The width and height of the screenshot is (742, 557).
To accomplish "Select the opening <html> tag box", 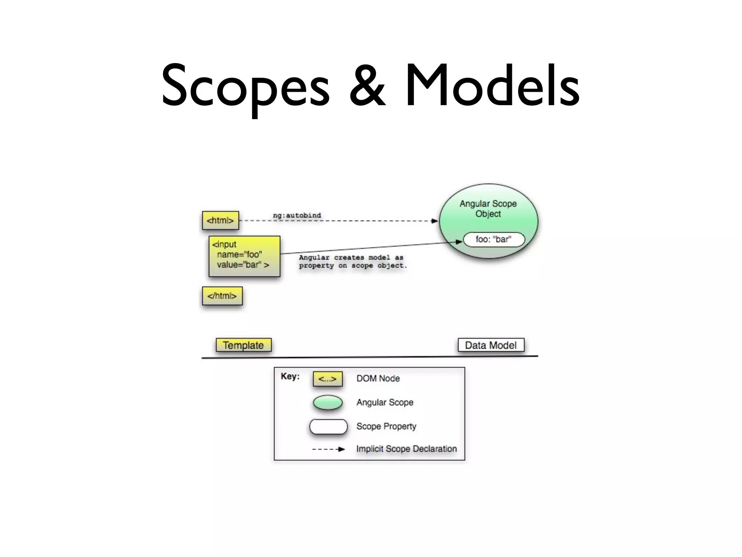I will coord(220,220).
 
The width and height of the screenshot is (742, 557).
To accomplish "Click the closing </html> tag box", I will coord(222,296).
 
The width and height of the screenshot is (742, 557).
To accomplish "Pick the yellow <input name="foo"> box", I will coord(245,256).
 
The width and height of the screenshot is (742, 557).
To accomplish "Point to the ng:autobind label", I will coord(297,215).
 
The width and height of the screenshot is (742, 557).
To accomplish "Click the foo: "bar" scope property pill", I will coord(493,239).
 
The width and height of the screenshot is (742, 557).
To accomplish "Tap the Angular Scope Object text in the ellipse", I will coord(488,209).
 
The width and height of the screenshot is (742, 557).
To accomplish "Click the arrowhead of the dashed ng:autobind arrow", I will coord(435,221).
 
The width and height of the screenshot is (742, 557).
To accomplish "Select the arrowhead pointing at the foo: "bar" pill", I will coord(459,242).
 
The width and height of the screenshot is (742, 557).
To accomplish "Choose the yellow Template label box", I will coord(243,345).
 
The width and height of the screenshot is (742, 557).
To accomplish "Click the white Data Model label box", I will coord(491,345).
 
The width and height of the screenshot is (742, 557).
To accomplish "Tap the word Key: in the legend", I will coord(290,376).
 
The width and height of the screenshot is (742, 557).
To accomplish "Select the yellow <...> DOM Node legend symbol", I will coord(328,379).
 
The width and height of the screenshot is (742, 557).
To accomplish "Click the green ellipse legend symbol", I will coord(328,403).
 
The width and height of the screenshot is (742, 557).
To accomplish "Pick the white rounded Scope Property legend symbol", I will coord(328,427).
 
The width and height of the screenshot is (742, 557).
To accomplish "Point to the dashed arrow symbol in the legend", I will coord(328,449).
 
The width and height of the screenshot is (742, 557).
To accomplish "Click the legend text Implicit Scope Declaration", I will coord(407,449).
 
